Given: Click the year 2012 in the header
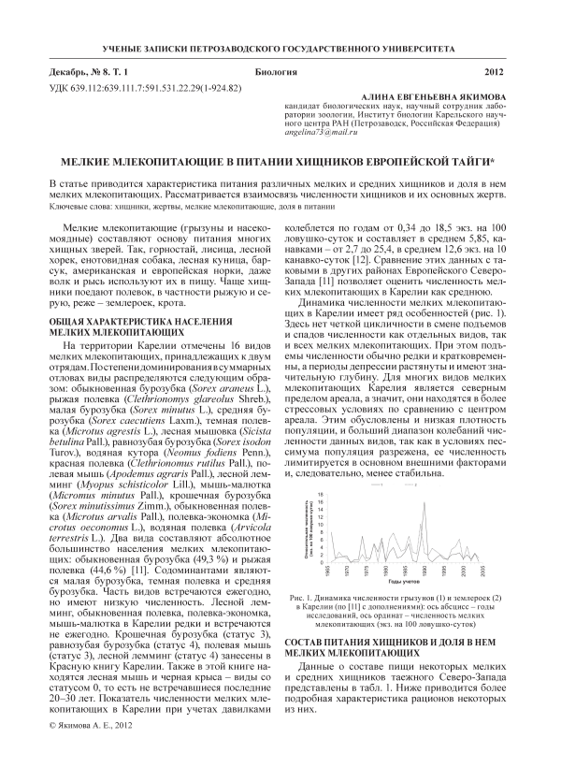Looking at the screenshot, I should point(495,72).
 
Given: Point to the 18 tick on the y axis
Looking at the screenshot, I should point(324,493).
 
